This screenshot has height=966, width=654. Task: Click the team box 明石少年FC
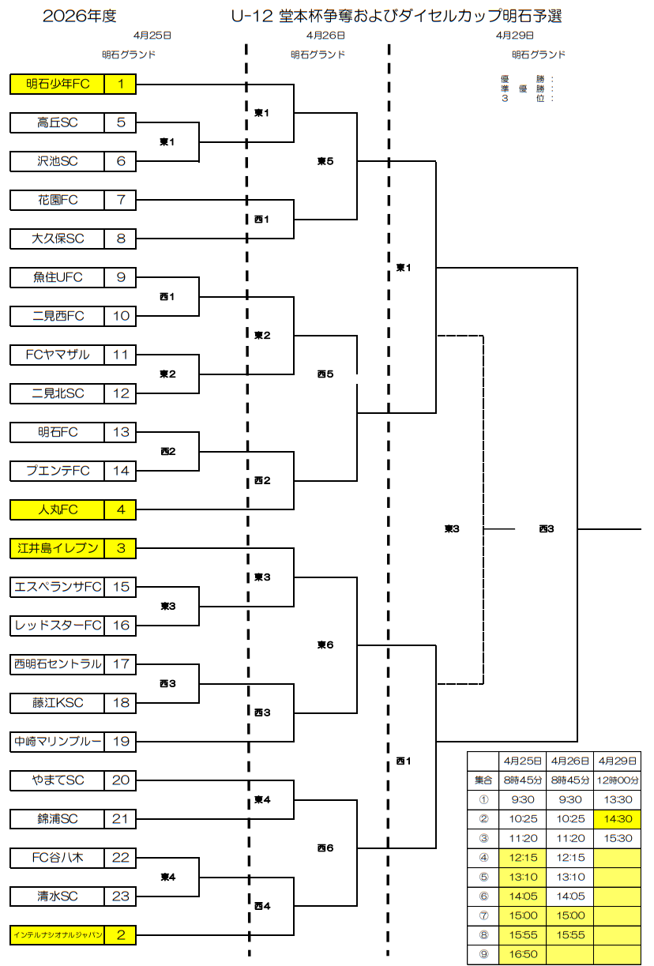pyautogui.click(x=58, y=84)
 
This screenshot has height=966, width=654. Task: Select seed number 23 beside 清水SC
pyautogui.click(x=120, y=896)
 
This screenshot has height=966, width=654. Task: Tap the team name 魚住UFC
pyautogui.click(x=58, y=277)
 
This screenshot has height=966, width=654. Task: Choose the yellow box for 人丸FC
pyautogui.click(x=58, y=509)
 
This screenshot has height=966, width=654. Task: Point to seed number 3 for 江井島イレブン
pyautogui.click(x=120, y=548)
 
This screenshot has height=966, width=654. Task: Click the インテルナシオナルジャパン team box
pyautogui.click(x=58, y=935)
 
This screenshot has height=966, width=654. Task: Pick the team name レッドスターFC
pyautogui.click(x=58, y=626)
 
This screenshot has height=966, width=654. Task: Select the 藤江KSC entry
pyautogui.click(x=58, y=703)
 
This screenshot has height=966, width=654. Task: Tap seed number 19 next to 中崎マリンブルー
pyautogui.click(x=120, y=742)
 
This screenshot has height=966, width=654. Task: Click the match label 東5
pyautogui.click(x=325, y=161)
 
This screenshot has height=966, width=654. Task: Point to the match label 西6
pyautogui.click(x=325, y=848)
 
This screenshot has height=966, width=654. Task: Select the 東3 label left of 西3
pyautogui.click(x=452, y=528)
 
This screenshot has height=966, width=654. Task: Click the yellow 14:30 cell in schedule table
pyautogui.click(x=617, y=819)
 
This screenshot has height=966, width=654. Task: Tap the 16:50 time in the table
pyautogui.click(x=522, y=954)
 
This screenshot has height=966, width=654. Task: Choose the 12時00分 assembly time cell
pyautogui.click(x=617, y=780)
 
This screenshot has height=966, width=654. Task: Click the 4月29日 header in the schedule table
pyautogui.click(x=617, y=761)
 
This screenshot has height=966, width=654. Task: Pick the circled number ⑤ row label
pyautogui.click(x=483, y=877)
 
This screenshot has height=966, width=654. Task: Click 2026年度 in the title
pyautogui.click(x=80, y=17)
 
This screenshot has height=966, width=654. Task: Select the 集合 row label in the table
pyautogui.click(x=483, y=780)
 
